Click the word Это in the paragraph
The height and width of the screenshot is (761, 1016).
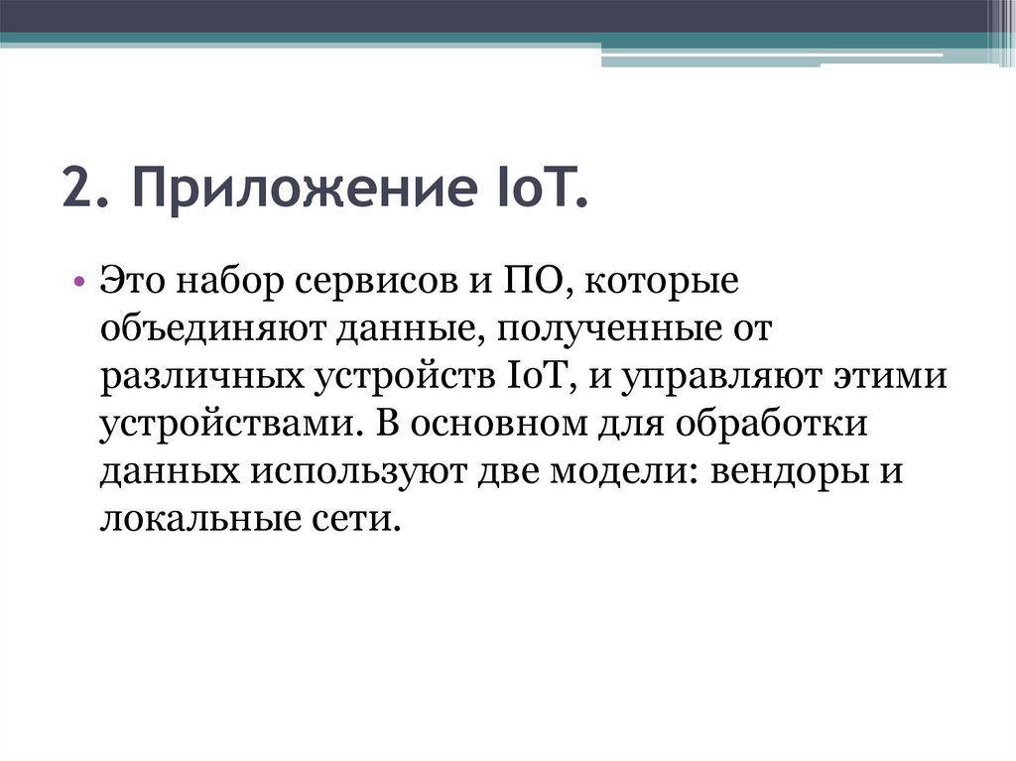(132, 282)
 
